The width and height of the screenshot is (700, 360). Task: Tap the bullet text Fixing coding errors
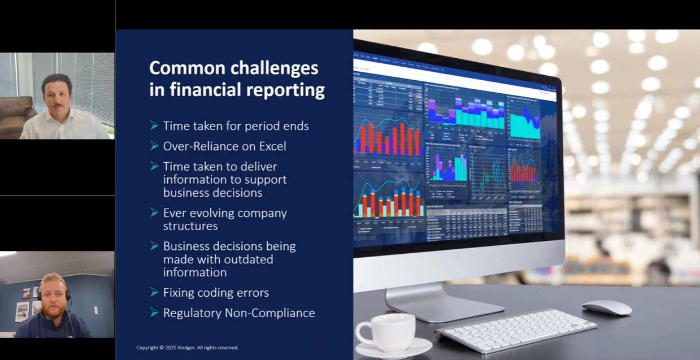coord(216,293)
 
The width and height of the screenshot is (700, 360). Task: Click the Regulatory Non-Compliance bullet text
coord(239,313)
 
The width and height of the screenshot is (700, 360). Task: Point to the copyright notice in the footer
coord(187,348)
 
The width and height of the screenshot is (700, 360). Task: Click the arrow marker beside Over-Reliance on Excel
coord(154,146)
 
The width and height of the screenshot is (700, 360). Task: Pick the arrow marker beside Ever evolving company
coord(154,212)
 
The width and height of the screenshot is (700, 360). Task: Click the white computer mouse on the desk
coord(606,307)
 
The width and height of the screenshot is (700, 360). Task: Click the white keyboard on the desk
coord(515,329)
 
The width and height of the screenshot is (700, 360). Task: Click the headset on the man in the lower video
coord(67,292)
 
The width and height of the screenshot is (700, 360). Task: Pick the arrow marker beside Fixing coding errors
coord(154,292)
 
